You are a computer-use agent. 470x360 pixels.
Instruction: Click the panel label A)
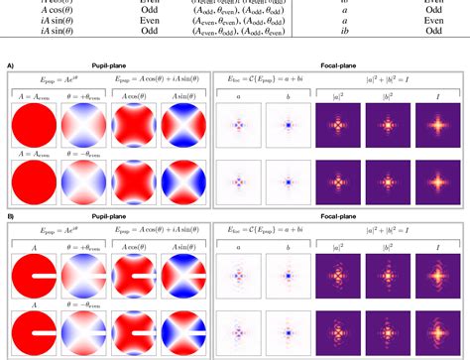(x=10, y=65)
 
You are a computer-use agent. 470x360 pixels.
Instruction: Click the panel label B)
(x=10, y=215)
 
